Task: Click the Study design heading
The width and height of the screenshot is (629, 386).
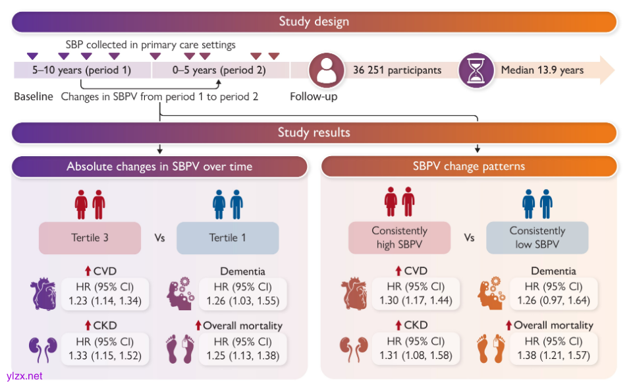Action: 314,21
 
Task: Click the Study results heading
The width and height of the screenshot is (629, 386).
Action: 314,132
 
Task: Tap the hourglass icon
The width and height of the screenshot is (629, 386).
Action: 476,70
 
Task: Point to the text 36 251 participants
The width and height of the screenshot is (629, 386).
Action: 397,70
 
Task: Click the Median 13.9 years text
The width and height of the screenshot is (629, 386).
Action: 542,70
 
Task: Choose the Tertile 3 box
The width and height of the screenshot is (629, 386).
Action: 90,238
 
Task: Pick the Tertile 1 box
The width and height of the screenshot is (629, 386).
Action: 227,238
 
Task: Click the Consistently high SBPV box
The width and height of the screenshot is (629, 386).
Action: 399,238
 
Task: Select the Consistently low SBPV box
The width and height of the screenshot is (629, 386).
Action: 537,238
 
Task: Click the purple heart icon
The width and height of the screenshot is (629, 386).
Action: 43,293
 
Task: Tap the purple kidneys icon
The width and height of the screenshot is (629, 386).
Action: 43,348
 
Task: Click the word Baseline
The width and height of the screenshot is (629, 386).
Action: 34,97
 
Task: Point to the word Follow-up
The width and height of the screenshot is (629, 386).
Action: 314,97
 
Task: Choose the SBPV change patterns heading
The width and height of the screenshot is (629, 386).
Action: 468,166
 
